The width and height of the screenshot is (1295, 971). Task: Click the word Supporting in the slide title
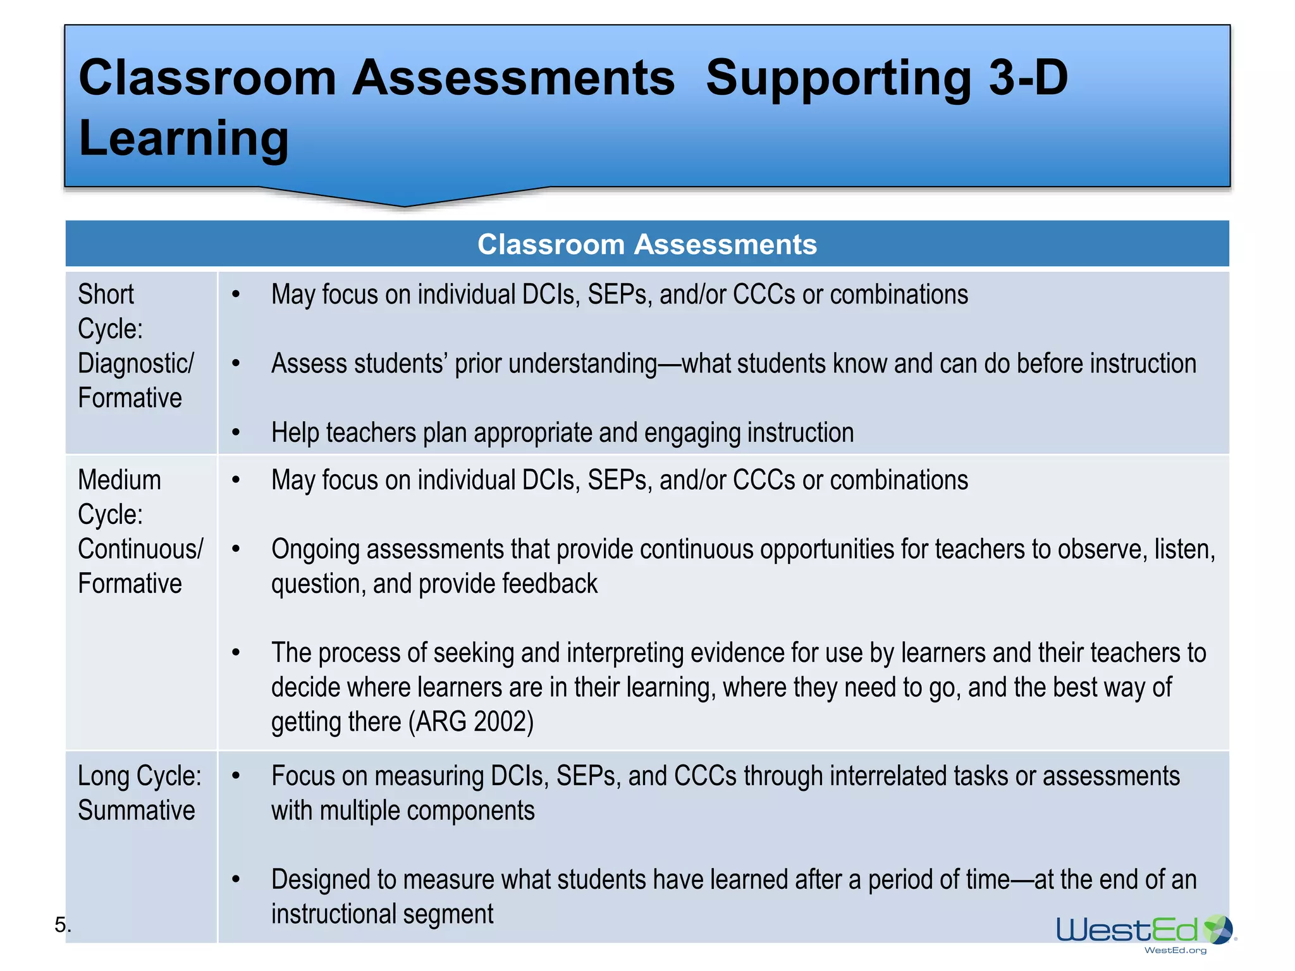point(838,78)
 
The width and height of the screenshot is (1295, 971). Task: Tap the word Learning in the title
point(183,138)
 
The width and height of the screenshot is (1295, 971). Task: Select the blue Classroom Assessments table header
point(647,244)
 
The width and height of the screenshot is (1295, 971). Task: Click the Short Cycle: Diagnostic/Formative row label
point(135,346)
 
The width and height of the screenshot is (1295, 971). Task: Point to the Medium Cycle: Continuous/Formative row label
point(140,532)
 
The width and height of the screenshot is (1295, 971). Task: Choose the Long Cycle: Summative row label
point(139,793)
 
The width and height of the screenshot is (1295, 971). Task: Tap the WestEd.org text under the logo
point(1175,950)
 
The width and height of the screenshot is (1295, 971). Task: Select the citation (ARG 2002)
point(471,721)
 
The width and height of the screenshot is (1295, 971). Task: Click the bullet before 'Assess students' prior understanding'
point(236,363)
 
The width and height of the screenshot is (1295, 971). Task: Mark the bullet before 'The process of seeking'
point(236,652)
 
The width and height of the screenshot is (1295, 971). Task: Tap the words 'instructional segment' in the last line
point(382,914)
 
